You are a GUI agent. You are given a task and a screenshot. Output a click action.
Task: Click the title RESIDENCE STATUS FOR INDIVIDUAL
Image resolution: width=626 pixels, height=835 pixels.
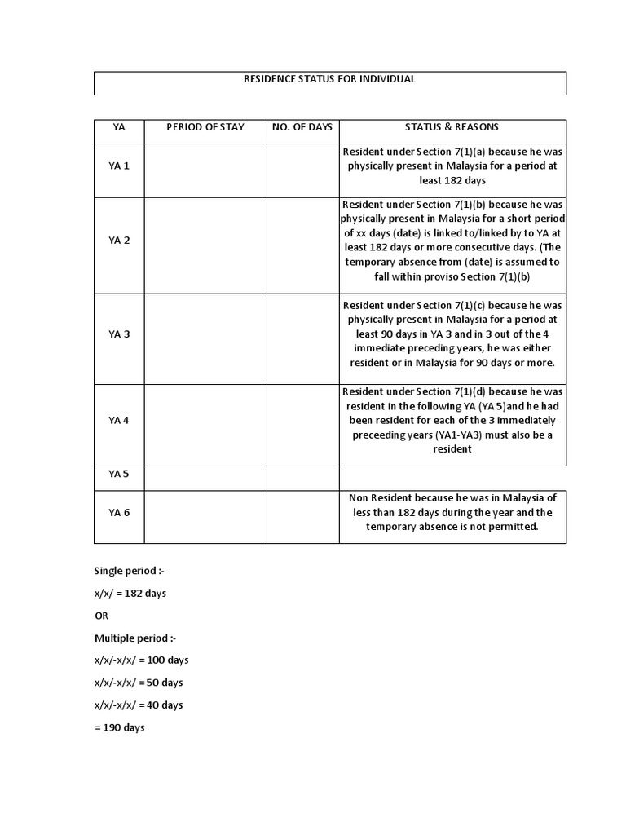[x=330, y=79]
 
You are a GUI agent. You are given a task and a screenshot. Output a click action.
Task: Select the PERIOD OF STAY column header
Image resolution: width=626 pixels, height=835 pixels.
[x=205, y=127]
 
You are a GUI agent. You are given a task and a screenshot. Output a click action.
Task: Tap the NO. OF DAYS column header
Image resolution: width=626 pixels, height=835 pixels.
[x=302, y=127]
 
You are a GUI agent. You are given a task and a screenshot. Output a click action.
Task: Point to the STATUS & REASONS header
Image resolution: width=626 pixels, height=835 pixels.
[x=452, y=127]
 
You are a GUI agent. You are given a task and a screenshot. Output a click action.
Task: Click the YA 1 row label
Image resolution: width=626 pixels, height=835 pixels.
[x=119, y=166]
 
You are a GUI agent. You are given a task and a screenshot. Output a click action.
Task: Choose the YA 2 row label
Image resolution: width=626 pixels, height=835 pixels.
[x=119, y=241]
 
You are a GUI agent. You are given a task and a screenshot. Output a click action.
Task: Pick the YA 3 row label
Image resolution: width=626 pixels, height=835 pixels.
[x=119, y=334]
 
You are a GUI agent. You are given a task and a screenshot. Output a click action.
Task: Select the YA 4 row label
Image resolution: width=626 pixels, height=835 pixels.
[x=119, y=420]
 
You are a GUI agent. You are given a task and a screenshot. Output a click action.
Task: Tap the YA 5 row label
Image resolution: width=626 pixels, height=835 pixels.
[x=119, y=474]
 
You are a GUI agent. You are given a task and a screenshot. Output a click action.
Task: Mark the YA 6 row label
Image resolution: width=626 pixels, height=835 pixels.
[x=119, y=512]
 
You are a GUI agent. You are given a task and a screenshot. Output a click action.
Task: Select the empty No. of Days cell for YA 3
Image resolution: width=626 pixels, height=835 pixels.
[x=302, y=334]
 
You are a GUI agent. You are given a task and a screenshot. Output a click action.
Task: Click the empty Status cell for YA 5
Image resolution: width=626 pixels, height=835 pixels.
[x=452, y=477]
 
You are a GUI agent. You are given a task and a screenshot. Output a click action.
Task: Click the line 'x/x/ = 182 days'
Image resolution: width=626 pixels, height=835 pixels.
[x=130, y=593]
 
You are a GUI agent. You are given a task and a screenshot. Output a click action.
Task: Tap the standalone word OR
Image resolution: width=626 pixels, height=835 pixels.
[x=100, y=616]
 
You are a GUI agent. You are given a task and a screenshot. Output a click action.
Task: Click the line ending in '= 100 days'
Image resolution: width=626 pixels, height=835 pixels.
[x=141, y=660]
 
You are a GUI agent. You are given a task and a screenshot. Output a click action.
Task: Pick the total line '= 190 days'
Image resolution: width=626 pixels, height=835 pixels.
[x=120, y=727]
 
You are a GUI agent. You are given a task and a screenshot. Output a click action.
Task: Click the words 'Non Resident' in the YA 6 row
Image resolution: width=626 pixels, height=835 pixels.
[x=380, y=498]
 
